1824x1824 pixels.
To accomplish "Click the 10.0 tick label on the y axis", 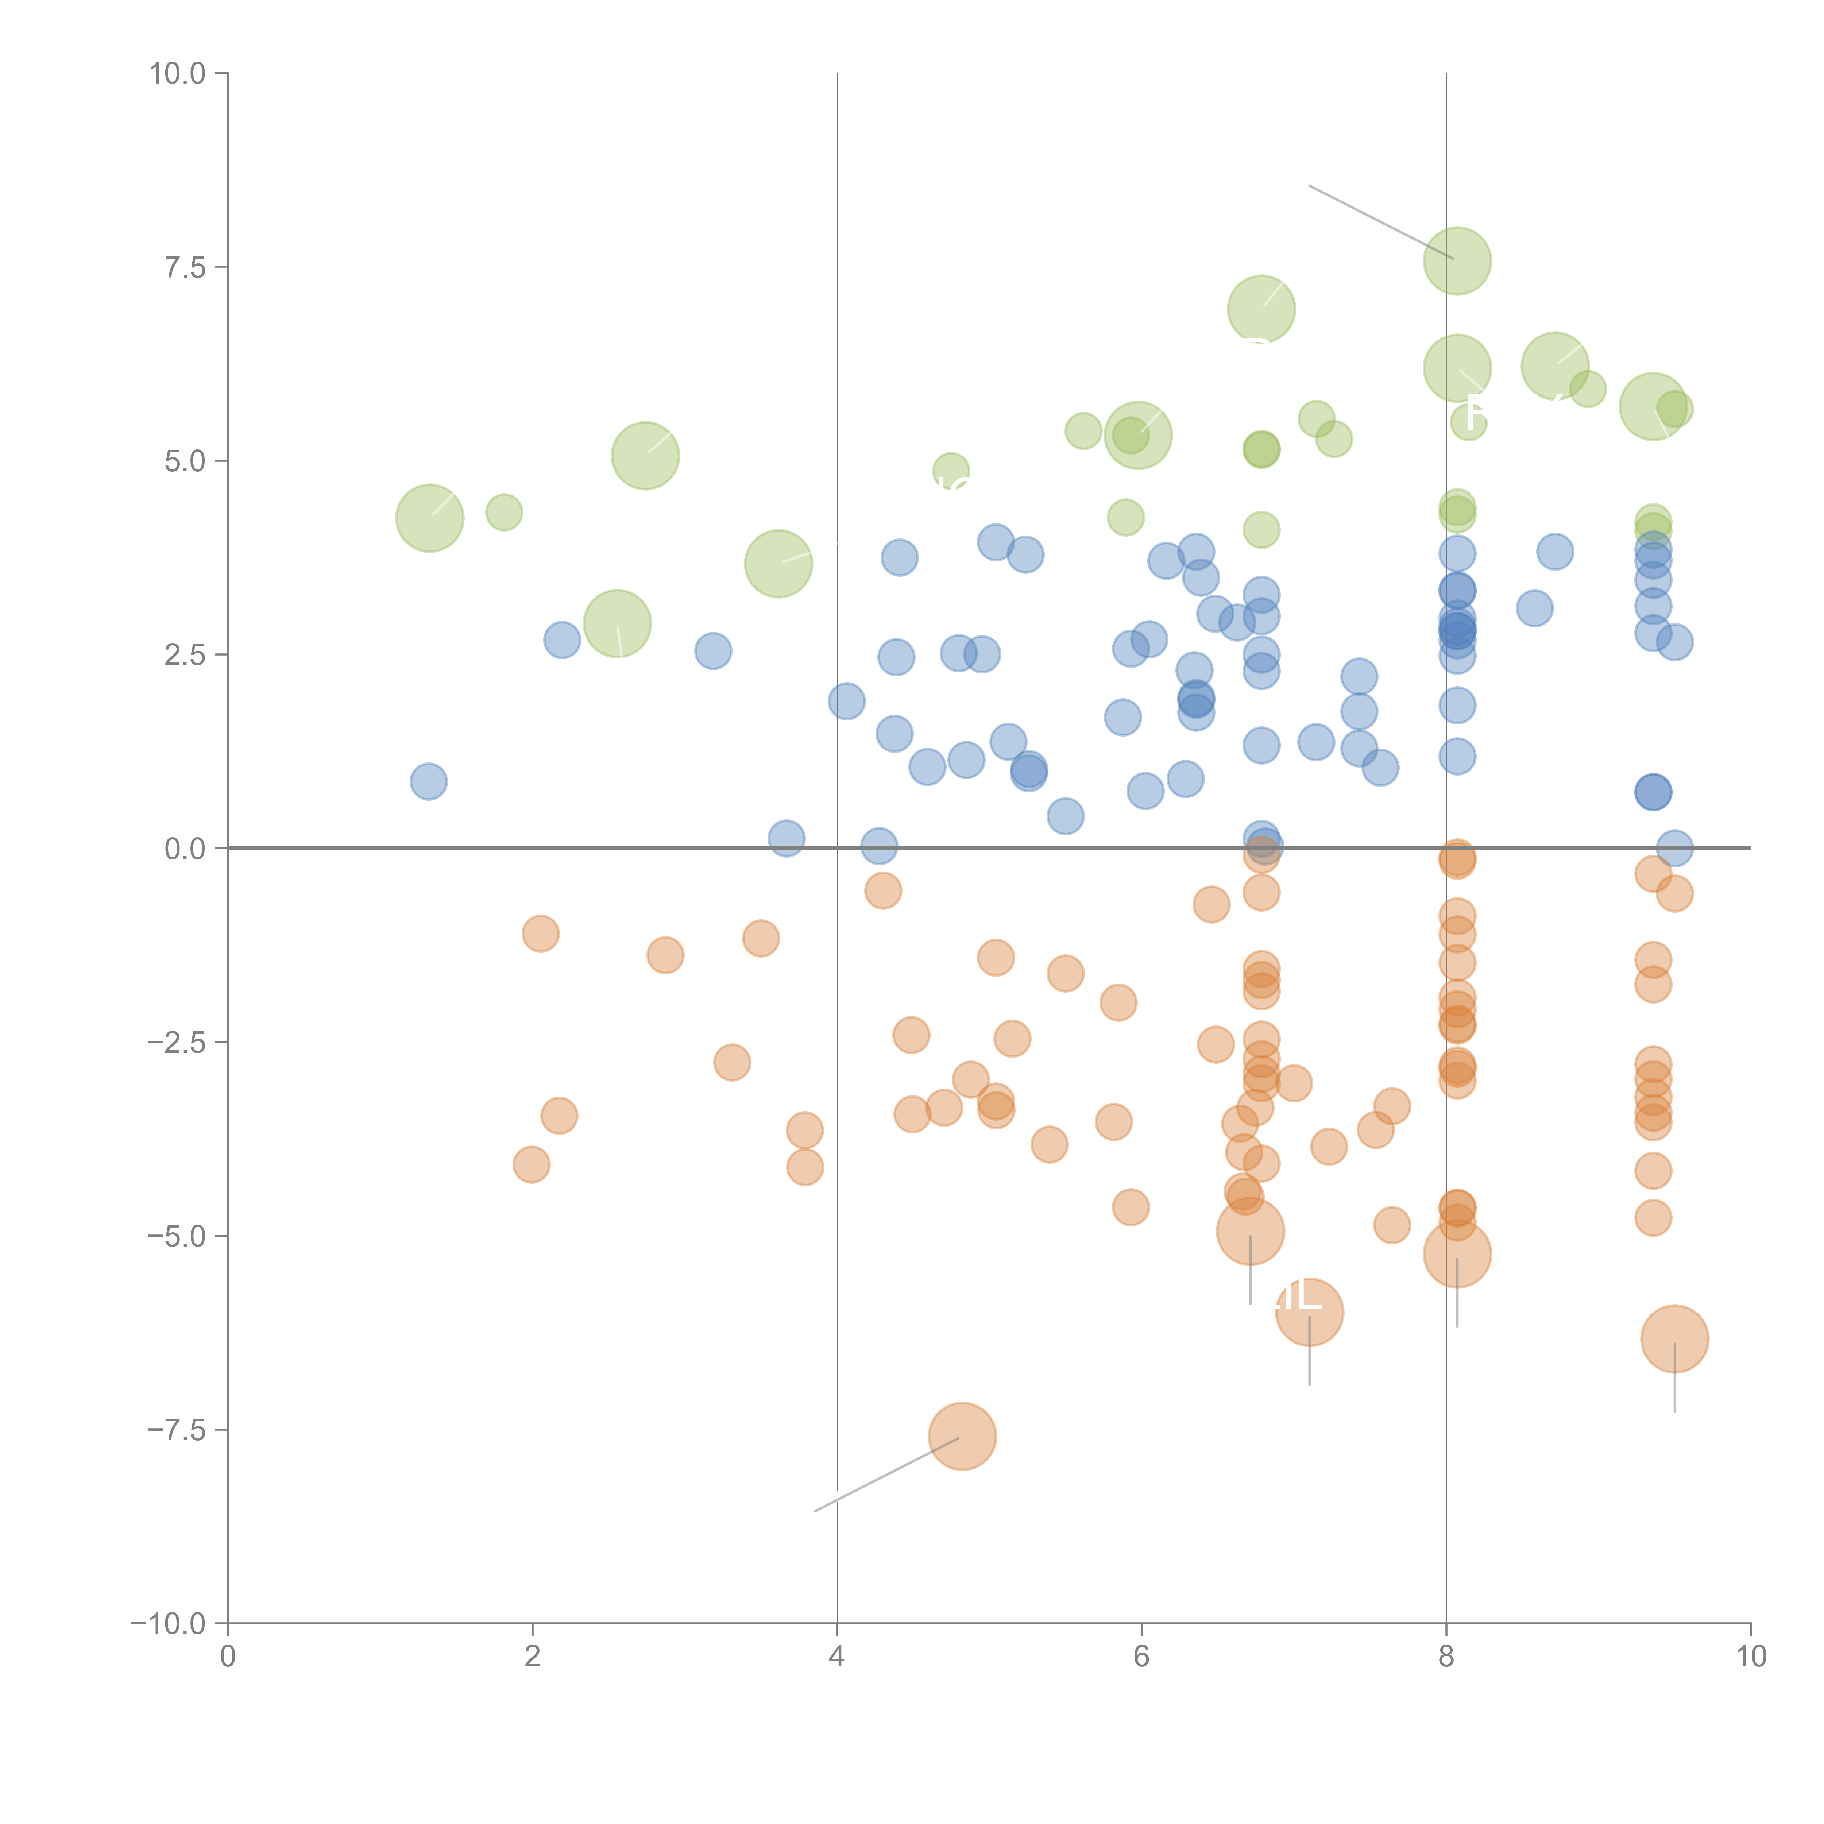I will click(178, 74).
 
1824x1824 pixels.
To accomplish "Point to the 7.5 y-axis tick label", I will click(185, 267).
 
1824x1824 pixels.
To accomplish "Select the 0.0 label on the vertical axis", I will click(185, 849).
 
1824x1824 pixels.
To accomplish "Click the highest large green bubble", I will click(1457, 260).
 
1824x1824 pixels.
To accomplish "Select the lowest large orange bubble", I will click(962, 1436).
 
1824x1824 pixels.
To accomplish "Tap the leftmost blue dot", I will click(429, 781).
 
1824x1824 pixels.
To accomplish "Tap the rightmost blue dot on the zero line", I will click(1674, 848).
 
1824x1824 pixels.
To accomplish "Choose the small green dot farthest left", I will click(504, 512).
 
